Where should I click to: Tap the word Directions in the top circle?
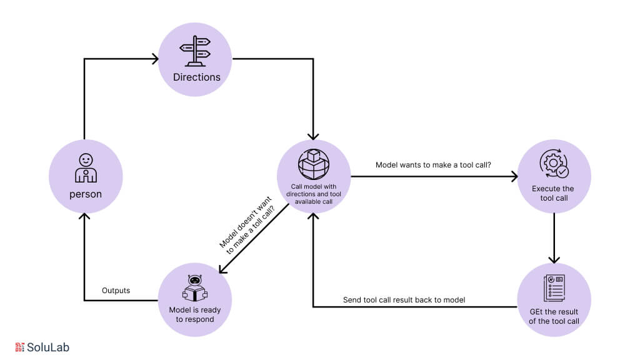197,77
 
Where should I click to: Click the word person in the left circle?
86,194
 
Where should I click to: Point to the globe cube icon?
314,164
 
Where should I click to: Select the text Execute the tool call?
553,194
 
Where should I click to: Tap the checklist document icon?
554,288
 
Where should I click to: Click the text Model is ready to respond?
194,314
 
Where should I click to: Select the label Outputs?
116,291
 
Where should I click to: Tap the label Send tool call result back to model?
404,300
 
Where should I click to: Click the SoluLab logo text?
48,347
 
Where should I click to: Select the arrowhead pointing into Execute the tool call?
514,177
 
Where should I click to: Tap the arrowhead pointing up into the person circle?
85,217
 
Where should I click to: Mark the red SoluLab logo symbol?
19,347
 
